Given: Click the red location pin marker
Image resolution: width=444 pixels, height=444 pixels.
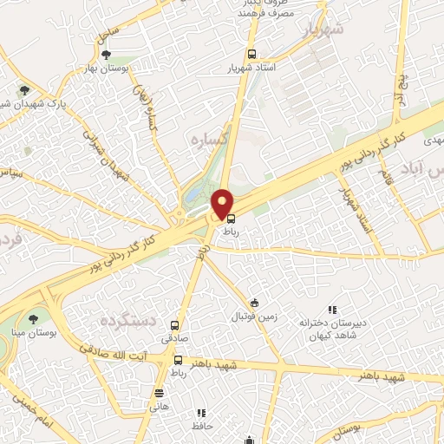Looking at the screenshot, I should pyautogui.click(x=223, y=203).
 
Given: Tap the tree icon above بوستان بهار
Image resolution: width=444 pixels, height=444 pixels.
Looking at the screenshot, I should pyautogui.click(x=107, y=55).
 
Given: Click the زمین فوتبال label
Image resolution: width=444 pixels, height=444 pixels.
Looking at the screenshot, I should pyautogui.click(x=256, y=316).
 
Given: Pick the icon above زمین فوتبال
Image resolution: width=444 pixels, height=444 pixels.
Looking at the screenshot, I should pyautogui.click(x=254, y=303).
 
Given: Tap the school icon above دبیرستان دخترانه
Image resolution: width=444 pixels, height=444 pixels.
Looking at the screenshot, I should pyautogui.click(x=331, y=310).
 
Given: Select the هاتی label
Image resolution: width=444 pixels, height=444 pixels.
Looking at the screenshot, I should pyautogui.click(x=158, y=406).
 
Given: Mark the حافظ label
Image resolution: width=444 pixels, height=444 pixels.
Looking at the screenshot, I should pyautogui.click(x=201, y=426).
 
